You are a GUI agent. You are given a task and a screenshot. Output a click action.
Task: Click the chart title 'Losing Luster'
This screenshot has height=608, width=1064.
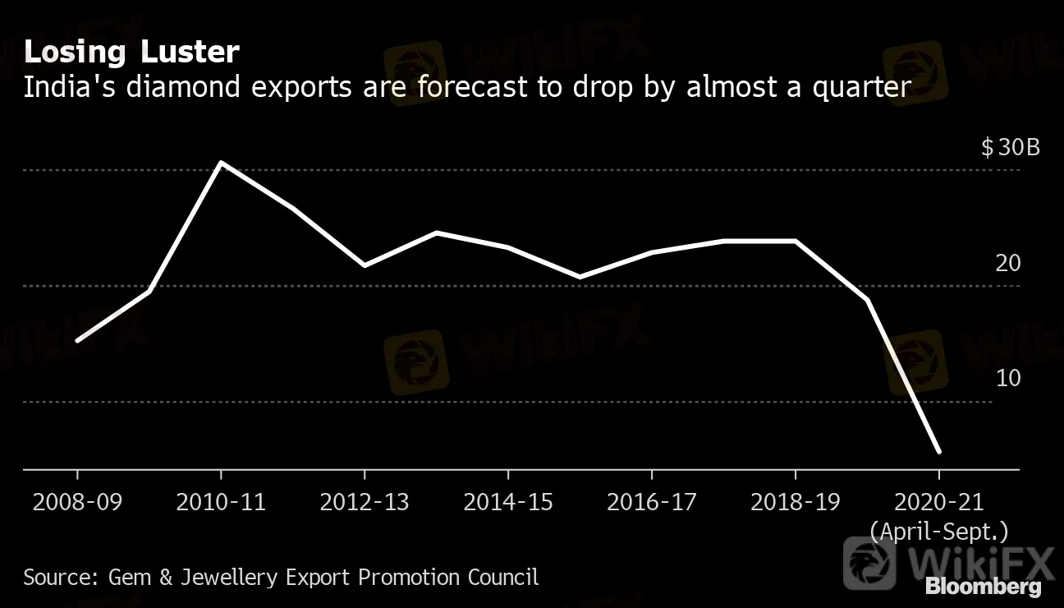click(x=131, y=53)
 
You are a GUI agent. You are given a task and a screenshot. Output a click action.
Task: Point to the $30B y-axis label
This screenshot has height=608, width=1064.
click(x=1010, y=148)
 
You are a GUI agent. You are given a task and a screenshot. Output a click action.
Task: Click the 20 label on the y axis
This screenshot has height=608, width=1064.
click(x=1007, y=264)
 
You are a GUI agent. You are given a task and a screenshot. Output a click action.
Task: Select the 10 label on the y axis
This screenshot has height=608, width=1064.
click(x=1007, y=379)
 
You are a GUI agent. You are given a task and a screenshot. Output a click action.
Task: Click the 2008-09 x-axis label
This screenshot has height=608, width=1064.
click(x=77, y=502)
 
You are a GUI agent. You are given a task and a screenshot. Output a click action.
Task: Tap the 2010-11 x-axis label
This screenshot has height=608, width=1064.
click(x=221, y=502)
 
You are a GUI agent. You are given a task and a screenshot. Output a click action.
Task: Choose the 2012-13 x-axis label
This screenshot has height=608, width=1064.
click(x=365, y=502)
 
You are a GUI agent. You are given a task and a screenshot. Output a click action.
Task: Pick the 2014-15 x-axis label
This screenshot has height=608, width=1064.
click(x=508, y=502)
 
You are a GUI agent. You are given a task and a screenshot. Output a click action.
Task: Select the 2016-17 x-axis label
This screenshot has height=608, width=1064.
click(x=652, y=502)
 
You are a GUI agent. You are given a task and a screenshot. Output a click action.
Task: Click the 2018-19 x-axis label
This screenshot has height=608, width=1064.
click(x=795, y=502)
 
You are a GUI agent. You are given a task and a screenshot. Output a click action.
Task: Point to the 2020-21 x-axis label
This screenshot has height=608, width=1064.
click(x=938, y=502)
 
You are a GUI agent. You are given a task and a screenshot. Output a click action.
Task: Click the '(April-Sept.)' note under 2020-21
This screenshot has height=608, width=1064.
click(x=938, y=532)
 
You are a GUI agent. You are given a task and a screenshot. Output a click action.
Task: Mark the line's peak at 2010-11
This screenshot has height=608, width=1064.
click(x=221, y=163)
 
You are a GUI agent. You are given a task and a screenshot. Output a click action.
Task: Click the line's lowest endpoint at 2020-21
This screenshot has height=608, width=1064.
click(x=938, y=451)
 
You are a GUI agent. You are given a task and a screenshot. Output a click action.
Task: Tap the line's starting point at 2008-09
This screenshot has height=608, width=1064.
click(x=77, y=340)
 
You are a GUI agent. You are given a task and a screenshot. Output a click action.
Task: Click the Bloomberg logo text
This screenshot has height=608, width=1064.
click(x=983, y=587)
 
